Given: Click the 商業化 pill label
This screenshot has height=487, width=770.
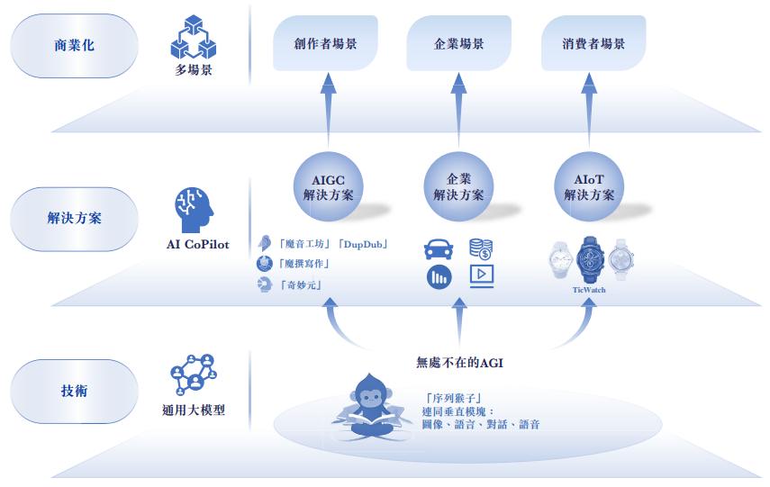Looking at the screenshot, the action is tap(74, 46).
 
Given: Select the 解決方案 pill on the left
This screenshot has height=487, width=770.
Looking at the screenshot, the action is tap(74, 219).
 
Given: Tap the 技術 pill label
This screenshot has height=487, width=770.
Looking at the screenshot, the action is tap(74, 391).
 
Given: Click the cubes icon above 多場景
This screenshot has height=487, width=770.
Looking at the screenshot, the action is tap(194, 37).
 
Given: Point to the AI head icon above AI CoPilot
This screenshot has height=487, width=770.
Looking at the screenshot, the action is tap(194, 210).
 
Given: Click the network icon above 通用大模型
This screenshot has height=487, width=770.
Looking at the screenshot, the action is tap(194, 375).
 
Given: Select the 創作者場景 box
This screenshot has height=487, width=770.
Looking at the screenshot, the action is tap(325, 43).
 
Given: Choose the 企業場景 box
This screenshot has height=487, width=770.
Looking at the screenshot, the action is tap(458, 43).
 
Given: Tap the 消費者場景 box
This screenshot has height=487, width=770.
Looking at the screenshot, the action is tap(593, 43).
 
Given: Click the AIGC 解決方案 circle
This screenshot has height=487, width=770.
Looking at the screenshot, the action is tap(328, 186).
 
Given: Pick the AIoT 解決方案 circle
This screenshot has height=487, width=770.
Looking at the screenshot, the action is tap(589, 186).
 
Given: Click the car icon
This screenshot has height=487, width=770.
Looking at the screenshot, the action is tap(439, 248).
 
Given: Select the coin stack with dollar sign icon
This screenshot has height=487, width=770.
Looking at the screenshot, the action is tap(481, 248).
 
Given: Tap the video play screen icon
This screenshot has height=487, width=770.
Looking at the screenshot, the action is tap(482, 276).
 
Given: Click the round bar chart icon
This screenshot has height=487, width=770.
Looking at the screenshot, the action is tap(439, 277).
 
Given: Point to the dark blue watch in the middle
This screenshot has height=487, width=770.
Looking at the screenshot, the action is tap(590, 259).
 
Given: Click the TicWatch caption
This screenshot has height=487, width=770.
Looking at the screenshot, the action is tap(589, 290).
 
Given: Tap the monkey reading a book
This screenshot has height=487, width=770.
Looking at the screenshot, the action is tap(372, 406).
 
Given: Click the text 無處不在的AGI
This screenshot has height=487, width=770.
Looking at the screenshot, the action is tap(459, 363).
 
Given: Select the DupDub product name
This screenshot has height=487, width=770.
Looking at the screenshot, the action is tap(364, 245).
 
